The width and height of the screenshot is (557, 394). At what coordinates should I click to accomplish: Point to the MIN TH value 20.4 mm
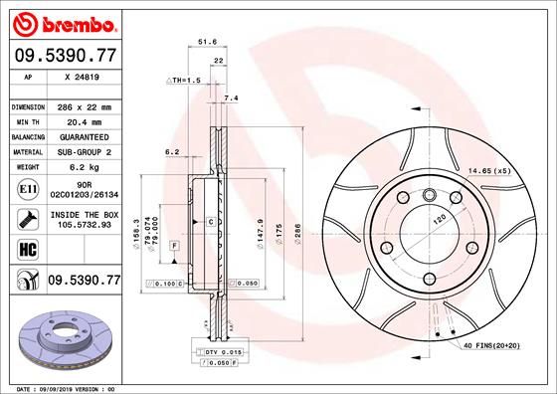(80, 121)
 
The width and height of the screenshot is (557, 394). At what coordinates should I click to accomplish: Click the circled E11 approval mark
(25, 187)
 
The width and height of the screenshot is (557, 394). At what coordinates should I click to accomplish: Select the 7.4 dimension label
(232, 98)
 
